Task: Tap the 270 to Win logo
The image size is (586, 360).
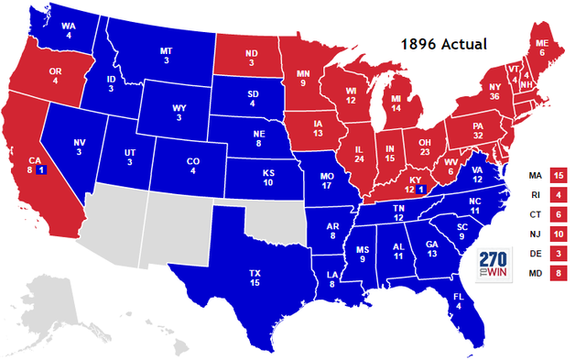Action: [500, 263]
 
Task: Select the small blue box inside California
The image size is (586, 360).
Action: [39, 171]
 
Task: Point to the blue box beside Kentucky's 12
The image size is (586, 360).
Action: [420, 190]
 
